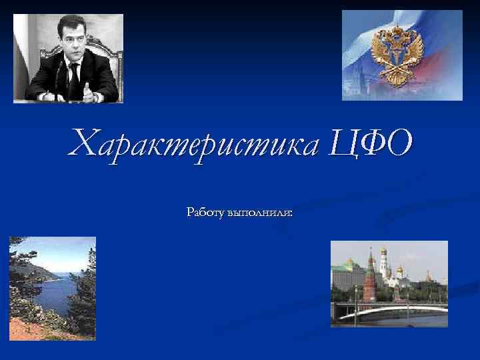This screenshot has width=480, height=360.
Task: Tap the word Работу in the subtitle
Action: (206, 213)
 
